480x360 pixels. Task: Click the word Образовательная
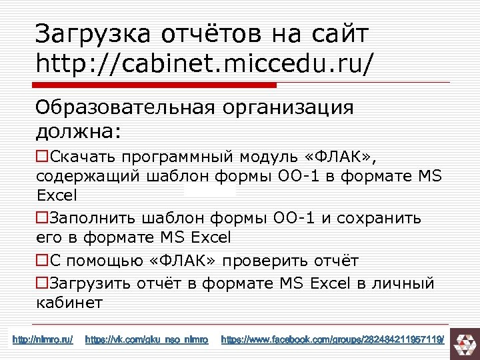124,107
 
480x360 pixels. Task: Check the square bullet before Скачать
42,157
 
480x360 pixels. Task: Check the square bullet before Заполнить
42,218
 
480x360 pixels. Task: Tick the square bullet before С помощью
42,260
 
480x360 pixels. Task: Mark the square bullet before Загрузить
42,283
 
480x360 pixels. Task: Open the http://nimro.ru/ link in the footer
43,341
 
